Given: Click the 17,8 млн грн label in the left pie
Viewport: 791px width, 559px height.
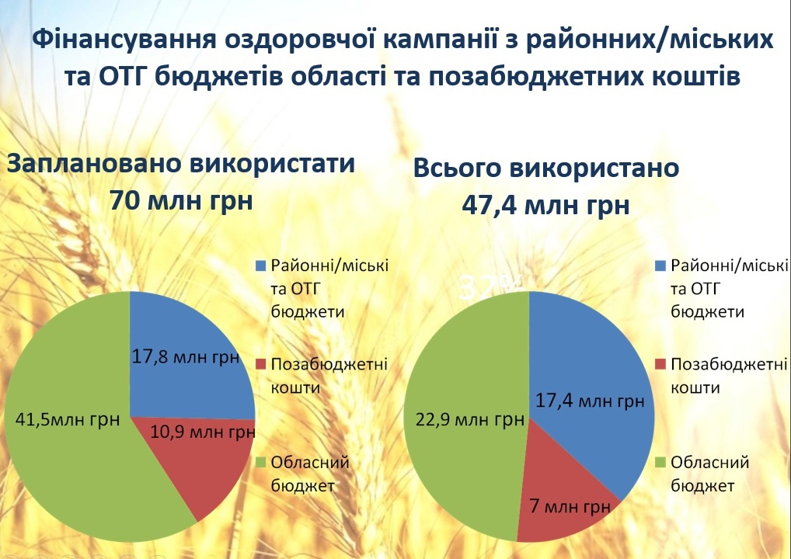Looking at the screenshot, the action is tap(185, 357).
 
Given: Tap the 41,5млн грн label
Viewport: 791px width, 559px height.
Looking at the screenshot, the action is tap(68, 419).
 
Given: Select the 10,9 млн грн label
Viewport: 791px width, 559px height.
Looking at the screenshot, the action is tap(203, 432).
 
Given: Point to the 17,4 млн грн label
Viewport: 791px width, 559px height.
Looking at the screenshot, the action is tap(590, 401).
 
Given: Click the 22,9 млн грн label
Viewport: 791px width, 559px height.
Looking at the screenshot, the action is tap(470, 419).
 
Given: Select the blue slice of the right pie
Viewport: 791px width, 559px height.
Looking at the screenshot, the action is tap(591, 373).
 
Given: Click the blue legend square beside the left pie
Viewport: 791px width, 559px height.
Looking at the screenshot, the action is tap(261, 266).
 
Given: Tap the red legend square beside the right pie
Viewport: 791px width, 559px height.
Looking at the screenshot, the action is tap(660, 364).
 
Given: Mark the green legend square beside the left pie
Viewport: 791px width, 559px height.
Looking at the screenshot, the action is tap(261, 462).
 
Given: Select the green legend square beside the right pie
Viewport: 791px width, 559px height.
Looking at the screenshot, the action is tap(660, 462).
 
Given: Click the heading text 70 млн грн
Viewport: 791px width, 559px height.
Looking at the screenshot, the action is tap(181, 200).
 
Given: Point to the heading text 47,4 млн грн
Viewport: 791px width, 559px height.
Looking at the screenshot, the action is tap(545, 205).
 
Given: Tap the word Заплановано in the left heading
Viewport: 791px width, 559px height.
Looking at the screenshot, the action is tap(94, 164).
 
